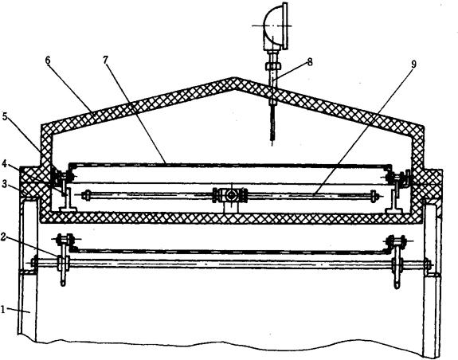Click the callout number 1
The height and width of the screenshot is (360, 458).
coord(3,309)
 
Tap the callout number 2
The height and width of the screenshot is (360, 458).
coord(3,237)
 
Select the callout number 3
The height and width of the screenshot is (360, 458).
coord(4,184)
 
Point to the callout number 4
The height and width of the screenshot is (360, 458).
coord(4,163)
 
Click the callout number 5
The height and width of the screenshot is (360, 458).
coord(5,116)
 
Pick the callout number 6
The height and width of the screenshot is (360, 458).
coord(48,61)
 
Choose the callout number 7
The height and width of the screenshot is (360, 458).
coord(105,60)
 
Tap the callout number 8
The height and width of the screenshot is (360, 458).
coord(310,62)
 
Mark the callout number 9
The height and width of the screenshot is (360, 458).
coord(413,65)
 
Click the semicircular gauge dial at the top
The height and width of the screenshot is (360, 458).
coord(275,25)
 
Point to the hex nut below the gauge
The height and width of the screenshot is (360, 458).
coord(273,66)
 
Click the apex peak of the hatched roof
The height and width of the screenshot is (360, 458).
coord(233,78)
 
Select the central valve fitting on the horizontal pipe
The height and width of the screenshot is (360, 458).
coord(231,195)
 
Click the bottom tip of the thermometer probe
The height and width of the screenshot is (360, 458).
coord(272,145)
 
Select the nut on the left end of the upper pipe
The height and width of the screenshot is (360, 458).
coord(86,195)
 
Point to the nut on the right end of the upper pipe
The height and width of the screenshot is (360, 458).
coord(374,196)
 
